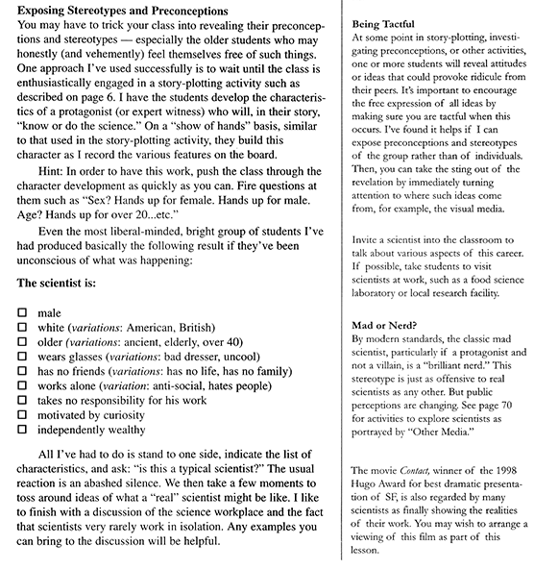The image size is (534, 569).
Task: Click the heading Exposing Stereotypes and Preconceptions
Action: (x=124, y=11)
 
